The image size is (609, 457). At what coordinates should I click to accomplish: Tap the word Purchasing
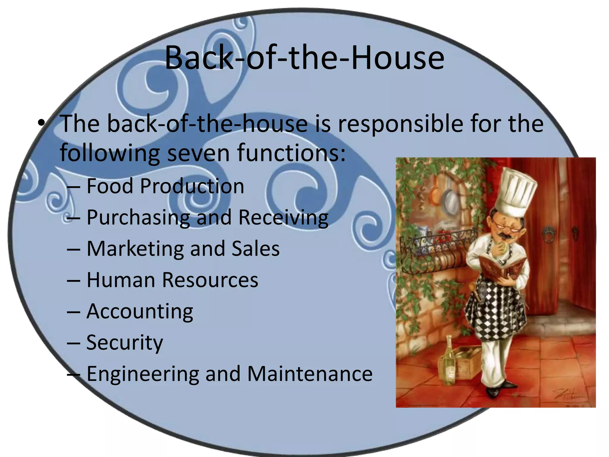click(138, 217)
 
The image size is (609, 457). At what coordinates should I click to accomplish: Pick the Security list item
click(125, 343)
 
